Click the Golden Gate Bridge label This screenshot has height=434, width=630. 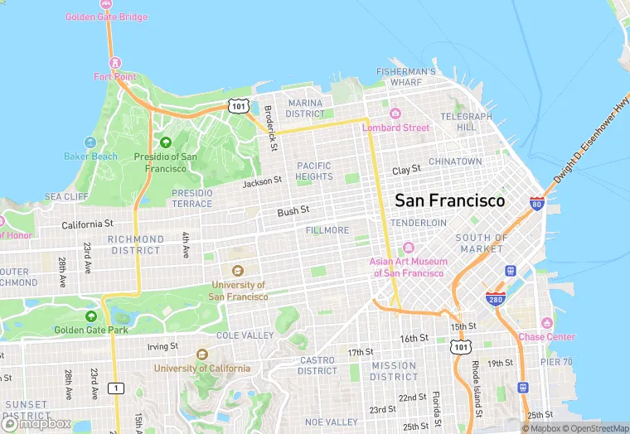click(x=107, y=17)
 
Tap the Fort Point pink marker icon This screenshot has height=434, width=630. click(x=115, y=63)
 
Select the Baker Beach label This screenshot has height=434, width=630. click(x=90, y=156)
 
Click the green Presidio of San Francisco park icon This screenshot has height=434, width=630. click(x=165, y=142)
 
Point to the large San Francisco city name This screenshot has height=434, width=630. click(x=449, y=200)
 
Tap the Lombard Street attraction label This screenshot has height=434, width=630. click(x=395, y=128)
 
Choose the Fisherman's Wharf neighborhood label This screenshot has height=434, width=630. click(x=405, y=77)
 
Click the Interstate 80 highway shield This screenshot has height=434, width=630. click(x=536, y=203)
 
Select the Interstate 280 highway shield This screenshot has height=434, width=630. click(x=495, y=298)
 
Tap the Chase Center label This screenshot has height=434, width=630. click(x=546, y=336)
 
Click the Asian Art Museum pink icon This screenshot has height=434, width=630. click(x=408, y=248)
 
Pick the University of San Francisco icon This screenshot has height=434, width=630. click(x=237, y=271)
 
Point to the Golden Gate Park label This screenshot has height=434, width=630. click(x=91, y=330)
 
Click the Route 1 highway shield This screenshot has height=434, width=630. click(x=116, y=388)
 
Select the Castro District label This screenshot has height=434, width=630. click(x=317, y=365)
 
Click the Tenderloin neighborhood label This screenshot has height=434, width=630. click(x=418, y=223)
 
